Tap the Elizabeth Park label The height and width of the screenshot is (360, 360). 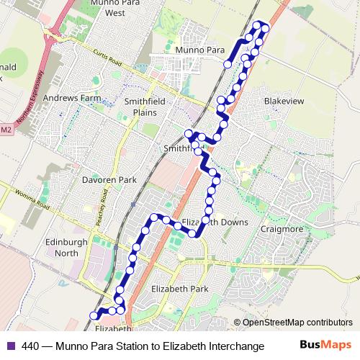[179, 289]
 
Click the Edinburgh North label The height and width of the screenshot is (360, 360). [66, 248]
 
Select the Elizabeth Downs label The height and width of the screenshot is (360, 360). [215, 222]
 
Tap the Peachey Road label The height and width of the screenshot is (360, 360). [104, 206]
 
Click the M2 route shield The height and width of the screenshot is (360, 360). [6, 130]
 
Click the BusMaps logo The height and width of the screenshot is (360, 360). [325, 345]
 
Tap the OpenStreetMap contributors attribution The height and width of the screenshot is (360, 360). [297, 322]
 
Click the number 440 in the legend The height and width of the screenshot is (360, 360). [30, 345]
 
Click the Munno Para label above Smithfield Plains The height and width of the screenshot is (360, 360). [197, 50]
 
